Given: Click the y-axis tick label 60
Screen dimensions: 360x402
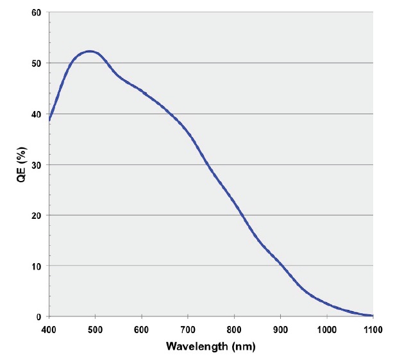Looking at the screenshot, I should (x=36, y=13).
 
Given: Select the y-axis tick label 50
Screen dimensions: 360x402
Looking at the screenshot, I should (x=36, y=64).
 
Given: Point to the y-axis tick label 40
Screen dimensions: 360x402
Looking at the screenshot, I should (x=36, y=114).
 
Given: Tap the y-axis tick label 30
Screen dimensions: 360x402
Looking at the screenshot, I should (x=36, y=165).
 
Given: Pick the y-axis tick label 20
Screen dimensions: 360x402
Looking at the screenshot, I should (x=36, y=215).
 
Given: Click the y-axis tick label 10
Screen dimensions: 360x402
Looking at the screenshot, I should (x=36, y=266).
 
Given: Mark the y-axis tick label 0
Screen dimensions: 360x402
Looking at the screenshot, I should (x=38, y=316).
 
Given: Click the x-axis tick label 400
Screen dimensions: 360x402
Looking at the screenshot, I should (x=49, y=330).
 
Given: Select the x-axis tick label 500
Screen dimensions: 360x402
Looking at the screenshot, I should (x=95, y=330).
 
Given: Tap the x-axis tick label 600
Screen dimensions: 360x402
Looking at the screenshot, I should (x=141, y=330).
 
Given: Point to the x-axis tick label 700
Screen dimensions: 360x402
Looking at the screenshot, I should (x=187, y=330).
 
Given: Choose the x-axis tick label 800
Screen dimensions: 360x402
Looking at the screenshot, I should (x=234, y=330).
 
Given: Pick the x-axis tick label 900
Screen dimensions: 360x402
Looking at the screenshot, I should (x=280, y=330).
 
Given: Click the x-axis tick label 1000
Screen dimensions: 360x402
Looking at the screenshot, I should (x=326, y=330).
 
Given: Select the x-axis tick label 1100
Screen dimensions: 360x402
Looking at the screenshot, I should (x=373, y=330).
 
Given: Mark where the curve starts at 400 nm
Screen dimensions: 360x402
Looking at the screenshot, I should (x=49, y=120).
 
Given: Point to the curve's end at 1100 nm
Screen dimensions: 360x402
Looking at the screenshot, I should (x=372, y=316).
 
